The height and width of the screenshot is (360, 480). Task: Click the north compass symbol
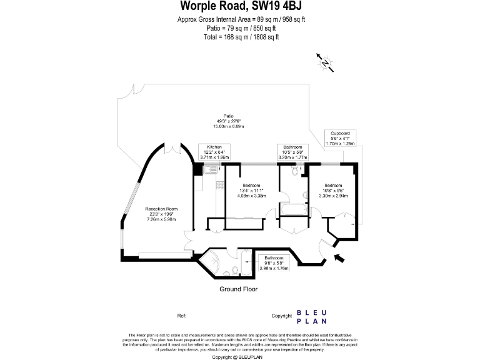pyautogui.click(x=325, y=62)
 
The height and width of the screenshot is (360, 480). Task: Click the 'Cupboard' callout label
pyautogui.click(x=340, y=137)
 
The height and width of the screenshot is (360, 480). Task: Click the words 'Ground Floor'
pyautogui.click(x=238, y=289)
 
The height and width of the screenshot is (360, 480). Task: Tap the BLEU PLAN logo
pyautogui.click(x=311, y=317)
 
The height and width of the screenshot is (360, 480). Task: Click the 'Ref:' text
pyautogui.click(x=182, y=316)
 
